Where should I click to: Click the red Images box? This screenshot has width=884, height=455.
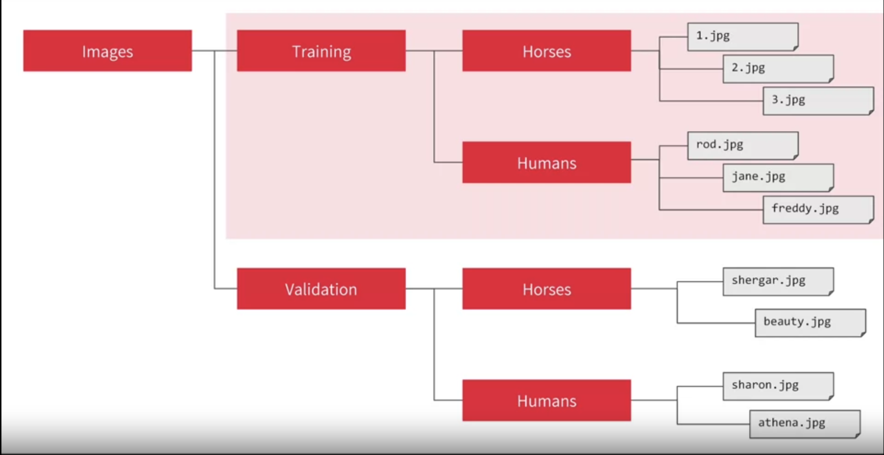tap(107, 51)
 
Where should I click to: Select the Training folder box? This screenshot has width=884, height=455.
tap(321, 51)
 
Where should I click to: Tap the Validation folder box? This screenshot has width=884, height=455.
tap(321, 288)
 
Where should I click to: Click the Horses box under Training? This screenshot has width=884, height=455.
tap(546, 51)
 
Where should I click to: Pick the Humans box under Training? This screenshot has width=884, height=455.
tap(546, 162)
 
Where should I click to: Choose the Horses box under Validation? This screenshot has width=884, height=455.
tap(546, 288)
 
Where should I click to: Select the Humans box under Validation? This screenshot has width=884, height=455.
tap(546, 400)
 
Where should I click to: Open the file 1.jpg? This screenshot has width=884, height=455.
tap(743, 37)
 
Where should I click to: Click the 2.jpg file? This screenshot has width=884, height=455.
tap(778, 68)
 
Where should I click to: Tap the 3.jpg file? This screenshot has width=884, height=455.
tap(818, 100)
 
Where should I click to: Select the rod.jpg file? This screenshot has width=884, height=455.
tap(743, 145)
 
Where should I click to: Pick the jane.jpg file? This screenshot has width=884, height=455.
tap(778, 177)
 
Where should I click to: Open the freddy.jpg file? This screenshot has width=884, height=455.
tap(818, 209)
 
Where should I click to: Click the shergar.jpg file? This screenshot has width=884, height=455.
tap(778, 281)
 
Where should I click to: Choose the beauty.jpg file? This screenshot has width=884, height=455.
tap(810, 323)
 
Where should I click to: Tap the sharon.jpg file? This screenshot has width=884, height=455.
tap(778, 386)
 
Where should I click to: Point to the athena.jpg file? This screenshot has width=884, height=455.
tap(804, 424)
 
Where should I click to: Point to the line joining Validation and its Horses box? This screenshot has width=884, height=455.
tap(434, 288)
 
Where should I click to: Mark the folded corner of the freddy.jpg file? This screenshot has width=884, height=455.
tap(870, 221)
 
